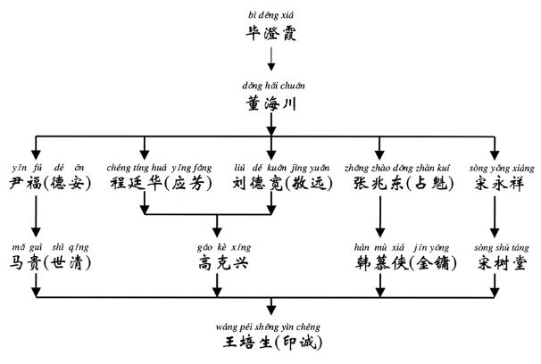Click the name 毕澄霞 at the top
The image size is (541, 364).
tap(270, 35)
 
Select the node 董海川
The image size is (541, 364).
tap(270, 104)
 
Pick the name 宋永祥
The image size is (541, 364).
tap(498, 186)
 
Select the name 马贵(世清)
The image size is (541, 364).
tap(50, 262)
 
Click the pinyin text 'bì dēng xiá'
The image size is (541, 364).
tap(270, 15)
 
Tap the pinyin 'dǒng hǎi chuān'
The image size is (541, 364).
tap(270, 86)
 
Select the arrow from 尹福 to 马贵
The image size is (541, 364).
tap(37, 223)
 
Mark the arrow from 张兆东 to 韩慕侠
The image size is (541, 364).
tap(381, 223)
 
